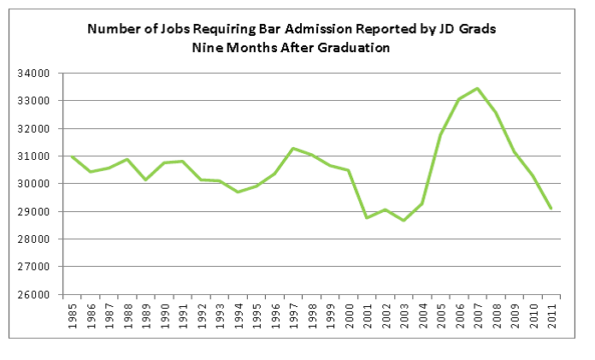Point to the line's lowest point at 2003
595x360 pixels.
403,221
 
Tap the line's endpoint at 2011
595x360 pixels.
551,208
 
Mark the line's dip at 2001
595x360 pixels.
366,217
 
